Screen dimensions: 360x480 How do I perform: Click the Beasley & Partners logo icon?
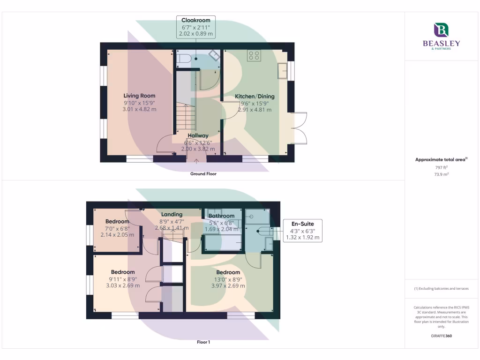442,30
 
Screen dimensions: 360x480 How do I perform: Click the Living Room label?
139,96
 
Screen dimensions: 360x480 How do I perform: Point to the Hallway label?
198,135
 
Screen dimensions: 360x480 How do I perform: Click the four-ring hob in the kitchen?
255,56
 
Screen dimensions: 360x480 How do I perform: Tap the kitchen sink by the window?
283,71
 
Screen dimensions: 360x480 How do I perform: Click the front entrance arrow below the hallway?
196,162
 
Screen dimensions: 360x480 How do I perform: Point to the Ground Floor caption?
203,173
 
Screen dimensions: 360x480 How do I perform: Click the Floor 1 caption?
203,342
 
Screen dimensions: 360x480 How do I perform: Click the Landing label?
172,214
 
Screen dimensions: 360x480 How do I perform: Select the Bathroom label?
221,216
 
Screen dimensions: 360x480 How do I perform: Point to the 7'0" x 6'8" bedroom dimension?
117,228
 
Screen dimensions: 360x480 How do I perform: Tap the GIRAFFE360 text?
441,336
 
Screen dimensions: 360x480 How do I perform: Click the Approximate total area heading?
440,159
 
